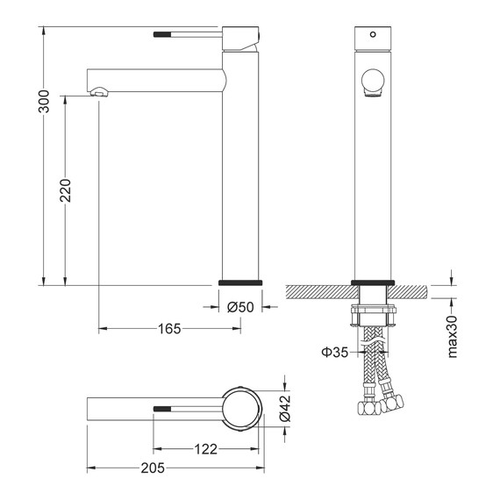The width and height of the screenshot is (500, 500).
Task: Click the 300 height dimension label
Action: [x=44, y=102]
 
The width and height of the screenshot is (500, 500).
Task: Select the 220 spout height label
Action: [x=66, y=190]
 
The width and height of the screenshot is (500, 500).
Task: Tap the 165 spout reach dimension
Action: [x=169, y=329]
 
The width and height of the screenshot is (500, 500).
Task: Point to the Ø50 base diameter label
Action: [x=240, y=307]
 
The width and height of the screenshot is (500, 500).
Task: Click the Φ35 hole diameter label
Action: [x=335, y=352]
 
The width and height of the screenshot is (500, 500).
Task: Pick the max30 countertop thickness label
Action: [x=453, y=337]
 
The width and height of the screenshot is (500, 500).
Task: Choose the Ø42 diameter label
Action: [x=285, y=409]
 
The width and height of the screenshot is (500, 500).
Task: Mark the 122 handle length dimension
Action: [x=205, y=449]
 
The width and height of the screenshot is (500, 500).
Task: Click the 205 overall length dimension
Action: [x=153, y=468]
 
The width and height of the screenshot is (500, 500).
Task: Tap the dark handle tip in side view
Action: [x=163, y=34]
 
